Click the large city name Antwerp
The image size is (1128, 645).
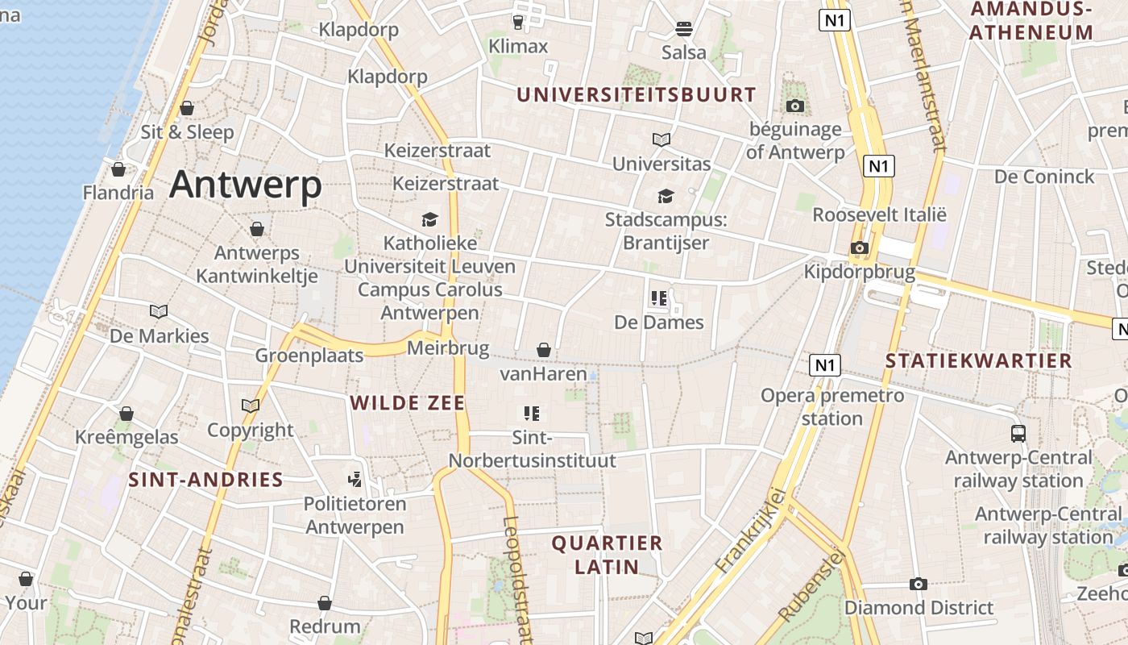click(x=246, y=185)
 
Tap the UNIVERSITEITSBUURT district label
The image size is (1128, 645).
click(x=637, y=94)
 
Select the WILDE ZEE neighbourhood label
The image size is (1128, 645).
click(x=408, y=403)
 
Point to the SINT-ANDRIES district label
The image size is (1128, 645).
click(x=206, y=481)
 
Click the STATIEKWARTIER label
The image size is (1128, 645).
click(x=979, y=360)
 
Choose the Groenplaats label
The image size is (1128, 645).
click(x=309, y=356)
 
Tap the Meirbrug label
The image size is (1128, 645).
click(x=448, y=348)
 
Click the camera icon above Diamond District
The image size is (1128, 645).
click(x=919, y=584)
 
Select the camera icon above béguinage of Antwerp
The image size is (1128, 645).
click(x=794, y=106)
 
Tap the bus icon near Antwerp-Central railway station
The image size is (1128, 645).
click(x=1018, y=434)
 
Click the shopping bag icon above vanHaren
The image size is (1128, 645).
click(x=544, y=350)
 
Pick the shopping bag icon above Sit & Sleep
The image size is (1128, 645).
click(x=187, y=108)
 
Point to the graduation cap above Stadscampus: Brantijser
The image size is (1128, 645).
click(x=666, y=196)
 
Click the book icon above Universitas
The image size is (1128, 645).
click(x=661, y=139)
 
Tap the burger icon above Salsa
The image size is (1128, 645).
click(x=684, y=29)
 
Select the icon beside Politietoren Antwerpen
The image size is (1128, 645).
click(x=355, y=480)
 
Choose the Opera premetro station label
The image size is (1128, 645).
click(x=832, y=407)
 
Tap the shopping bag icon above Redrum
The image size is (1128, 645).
click(x=325, y=603)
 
